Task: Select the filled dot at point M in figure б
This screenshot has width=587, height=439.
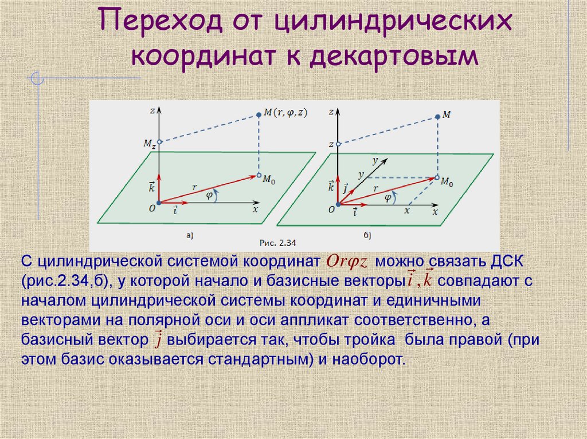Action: [438, 116]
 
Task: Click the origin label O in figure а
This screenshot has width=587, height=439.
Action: [152, 209]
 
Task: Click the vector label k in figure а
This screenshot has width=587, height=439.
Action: [151, 186]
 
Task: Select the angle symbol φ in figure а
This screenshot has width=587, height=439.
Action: [209, 195]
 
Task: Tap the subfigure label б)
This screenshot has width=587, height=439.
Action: [367, 235]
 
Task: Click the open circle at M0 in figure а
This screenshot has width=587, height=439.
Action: [259, 175]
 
